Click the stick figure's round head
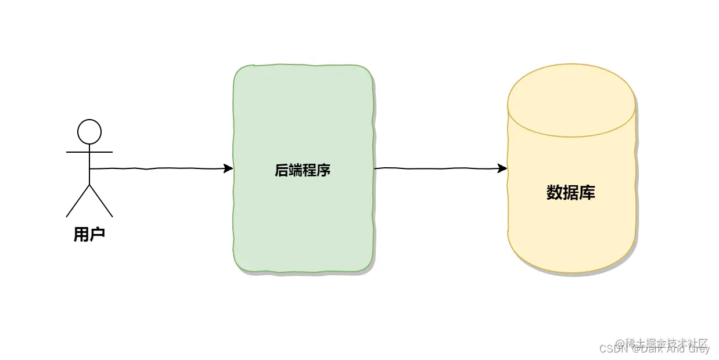(x=89, y=132)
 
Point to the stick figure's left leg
(x=78, y=201)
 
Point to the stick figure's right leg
(x=101, y=201)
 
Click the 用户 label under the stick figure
(x=89, y=235)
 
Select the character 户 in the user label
(x=98, y=235)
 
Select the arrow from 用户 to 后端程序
(x=157, y=169)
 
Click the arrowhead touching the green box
(x=228, y=169)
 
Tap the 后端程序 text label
(x=303, y=170)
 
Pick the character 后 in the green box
(x=282, y=170)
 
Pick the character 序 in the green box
(x=323, y=170)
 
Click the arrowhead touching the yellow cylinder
(x=503, y=169)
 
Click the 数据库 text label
(x=571, y=193)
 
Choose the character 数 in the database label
(x=555, y=193)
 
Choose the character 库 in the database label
(x=587, y=193)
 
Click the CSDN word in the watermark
(x=611, y=350)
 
